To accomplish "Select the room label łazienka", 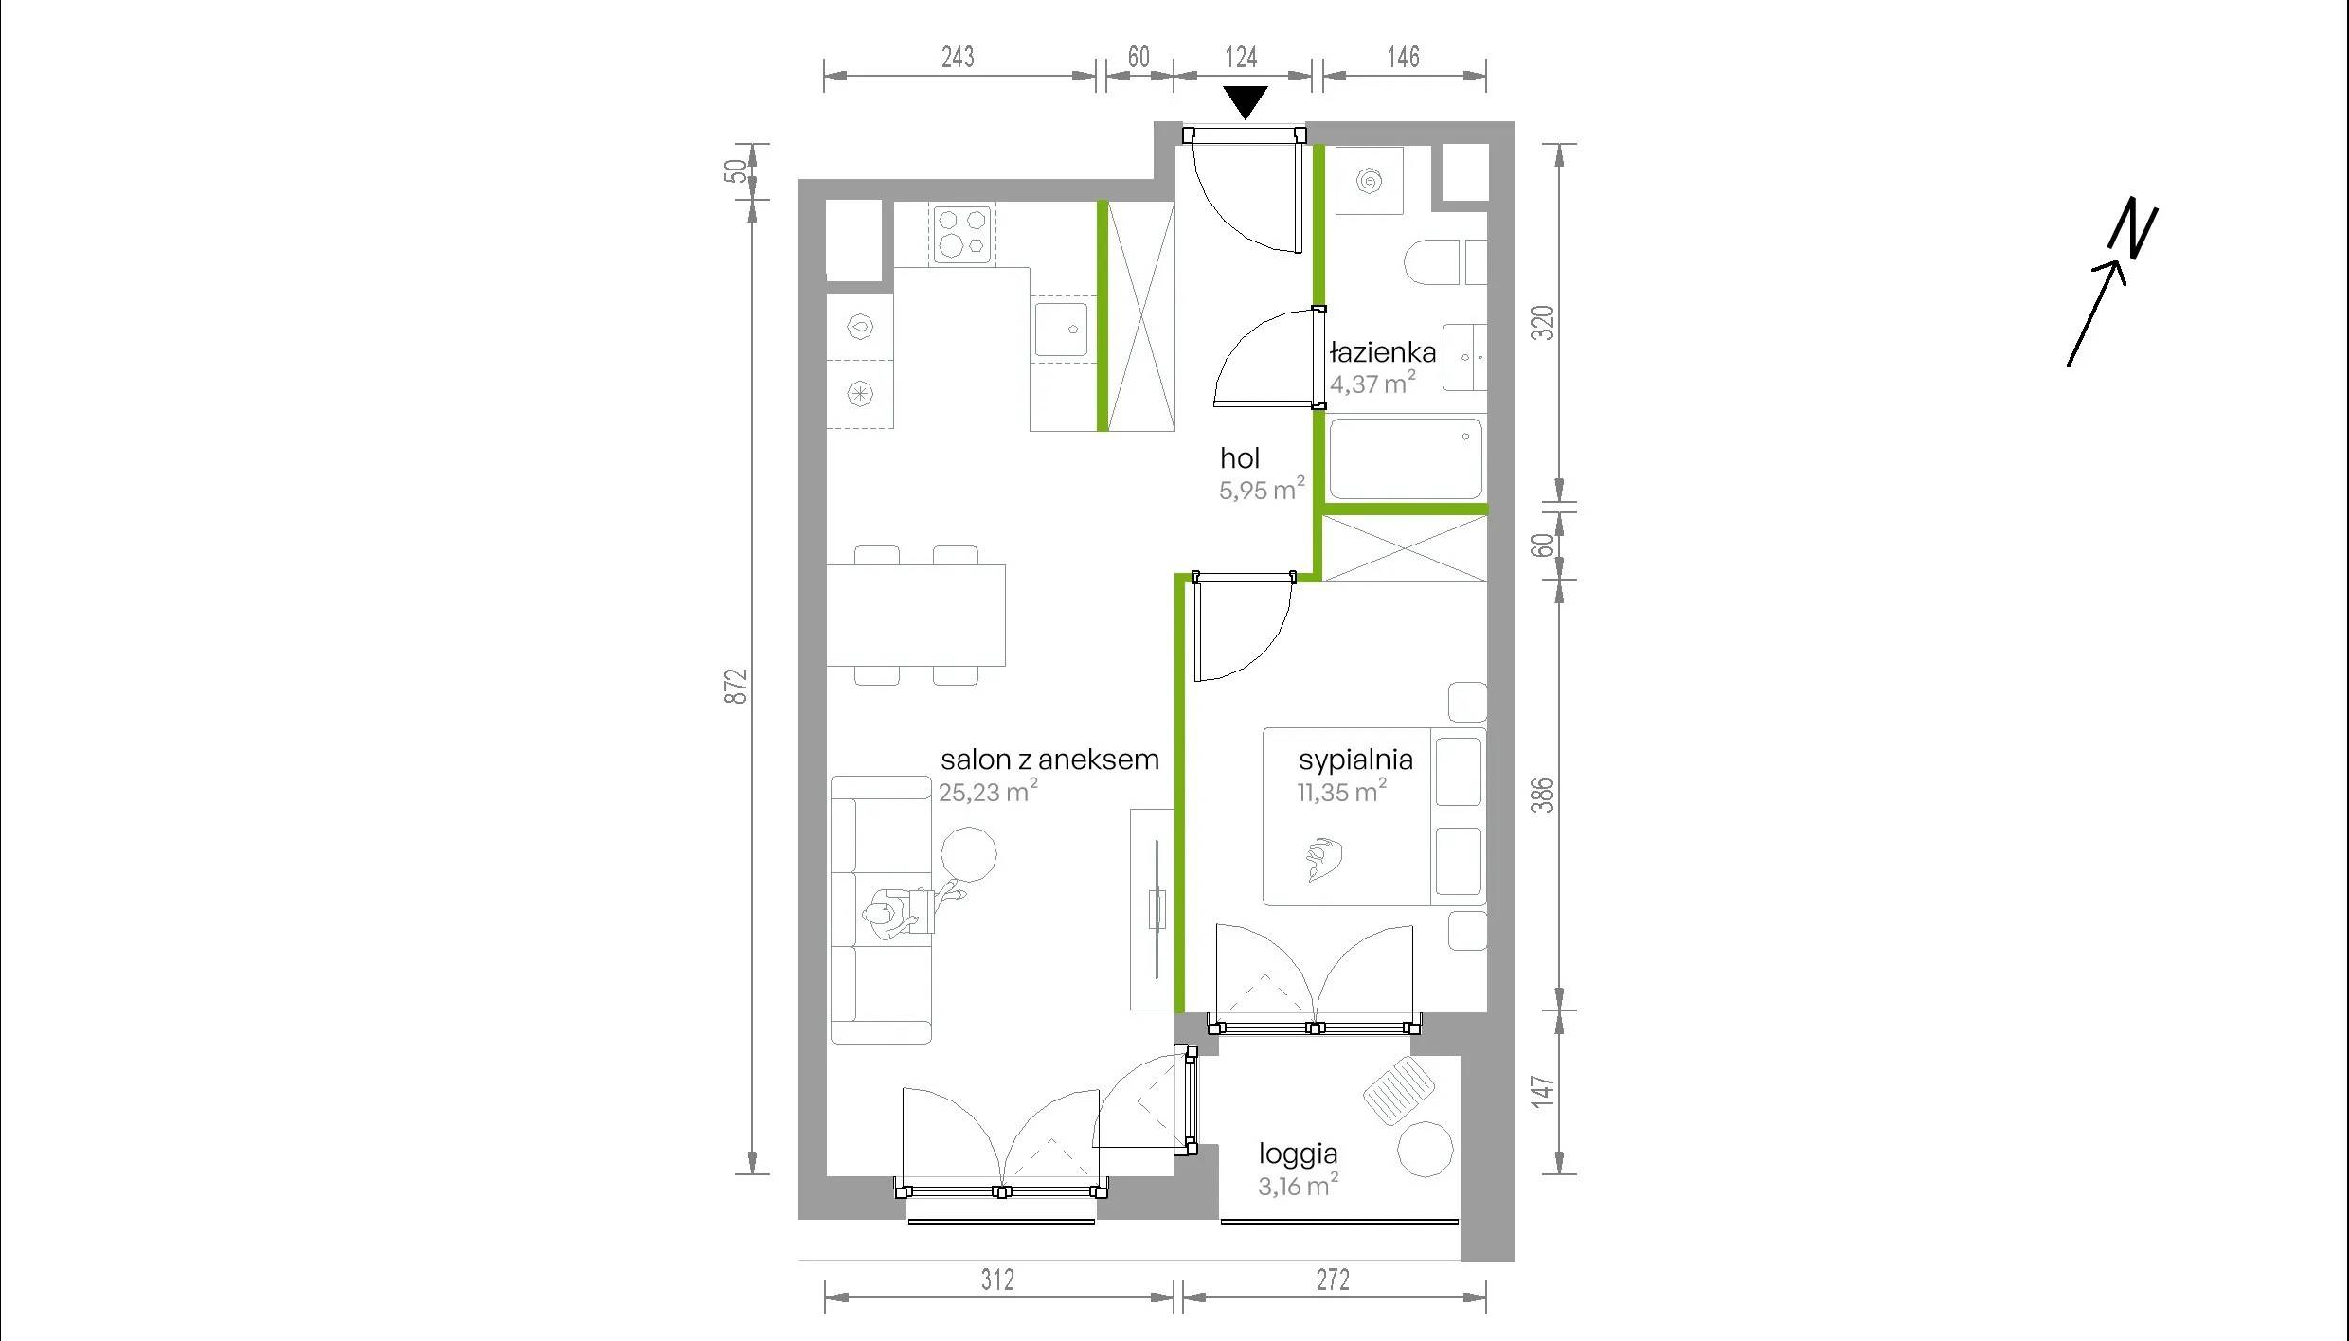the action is point(1383,353).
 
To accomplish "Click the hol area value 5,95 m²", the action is point(1262,489).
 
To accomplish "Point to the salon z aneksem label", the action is point(1049,760).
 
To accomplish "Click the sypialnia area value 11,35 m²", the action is point(1342,791).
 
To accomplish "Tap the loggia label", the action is point(1298,1154).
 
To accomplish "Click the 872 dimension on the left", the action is point(736,687).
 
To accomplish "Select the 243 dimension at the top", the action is point(958,57).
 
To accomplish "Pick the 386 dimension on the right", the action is point(1543,795).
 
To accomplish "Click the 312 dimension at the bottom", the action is point(997,1279).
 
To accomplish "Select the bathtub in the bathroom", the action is point(1406,459).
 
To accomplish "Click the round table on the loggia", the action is point(1425,1149).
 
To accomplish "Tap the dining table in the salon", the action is point(916,615).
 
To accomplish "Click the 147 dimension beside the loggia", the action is point(1543,1091).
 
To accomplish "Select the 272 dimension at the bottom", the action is point(1333,1279).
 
